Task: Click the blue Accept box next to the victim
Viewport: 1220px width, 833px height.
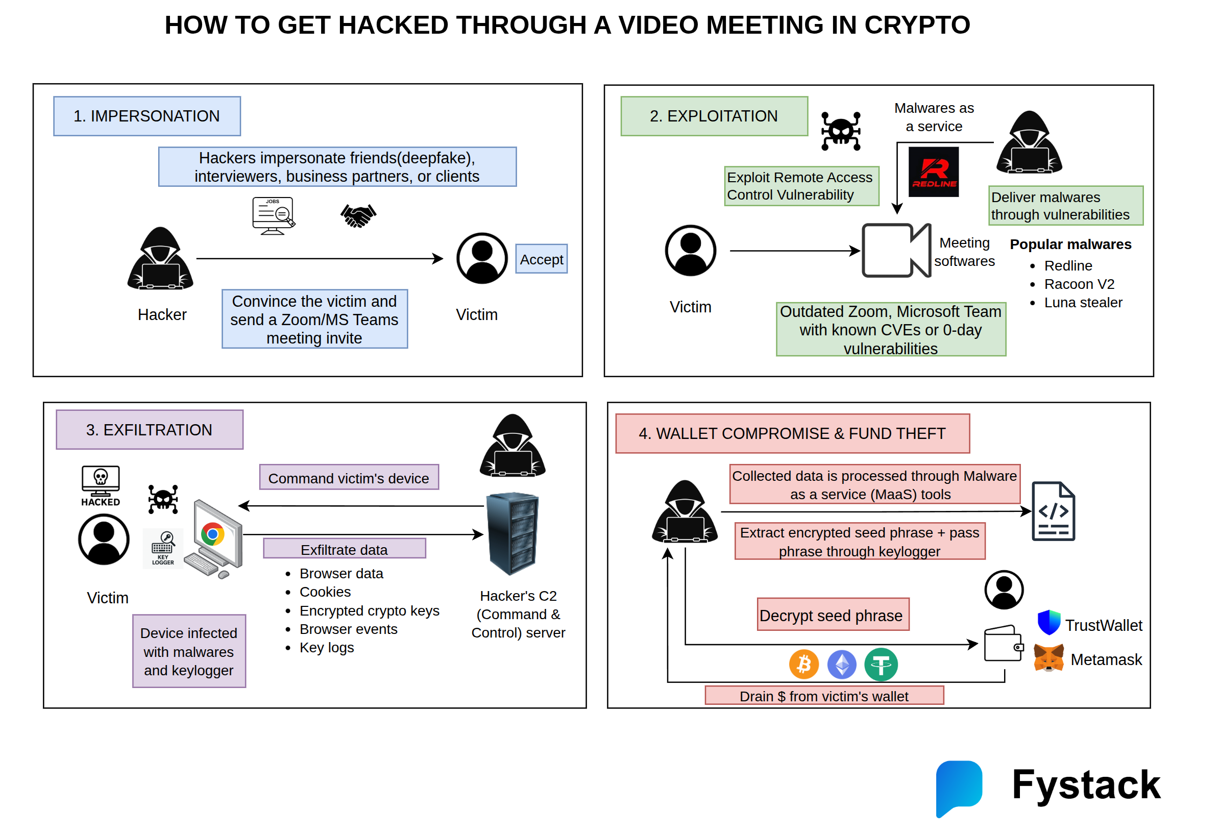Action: (x=541, y=259)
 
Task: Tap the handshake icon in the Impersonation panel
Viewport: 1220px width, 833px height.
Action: (x=358, y=215)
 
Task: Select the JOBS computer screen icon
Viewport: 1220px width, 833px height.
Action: (x=273, y=215)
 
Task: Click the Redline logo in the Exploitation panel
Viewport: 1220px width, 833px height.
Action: (x=933, y=171)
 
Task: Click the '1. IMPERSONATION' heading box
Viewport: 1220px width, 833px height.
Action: (x=147, y=116)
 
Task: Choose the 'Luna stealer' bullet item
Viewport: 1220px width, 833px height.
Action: (x=1083, y=302)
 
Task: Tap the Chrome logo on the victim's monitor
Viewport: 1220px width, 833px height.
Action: (x=213, y=534)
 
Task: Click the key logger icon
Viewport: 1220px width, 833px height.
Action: (x=163, y=548)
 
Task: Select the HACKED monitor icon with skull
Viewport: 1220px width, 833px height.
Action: (x=100, y=485)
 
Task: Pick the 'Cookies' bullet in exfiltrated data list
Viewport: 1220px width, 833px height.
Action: (x=325, y=592)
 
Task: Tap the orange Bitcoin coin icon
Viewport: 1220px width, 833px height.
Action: (x=803, y=664)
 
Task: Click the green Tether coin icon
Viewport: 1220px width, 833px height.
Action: (x=881, y=664)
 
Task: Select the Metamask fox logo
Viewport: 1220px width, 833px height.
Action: (x=1048, y=658)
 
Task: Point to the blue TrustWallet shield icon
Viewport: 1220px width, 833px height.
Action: (x=1048, y=623)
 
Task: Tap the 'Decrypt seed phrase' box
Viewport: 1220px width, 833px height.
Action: (x=833, y=615)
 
